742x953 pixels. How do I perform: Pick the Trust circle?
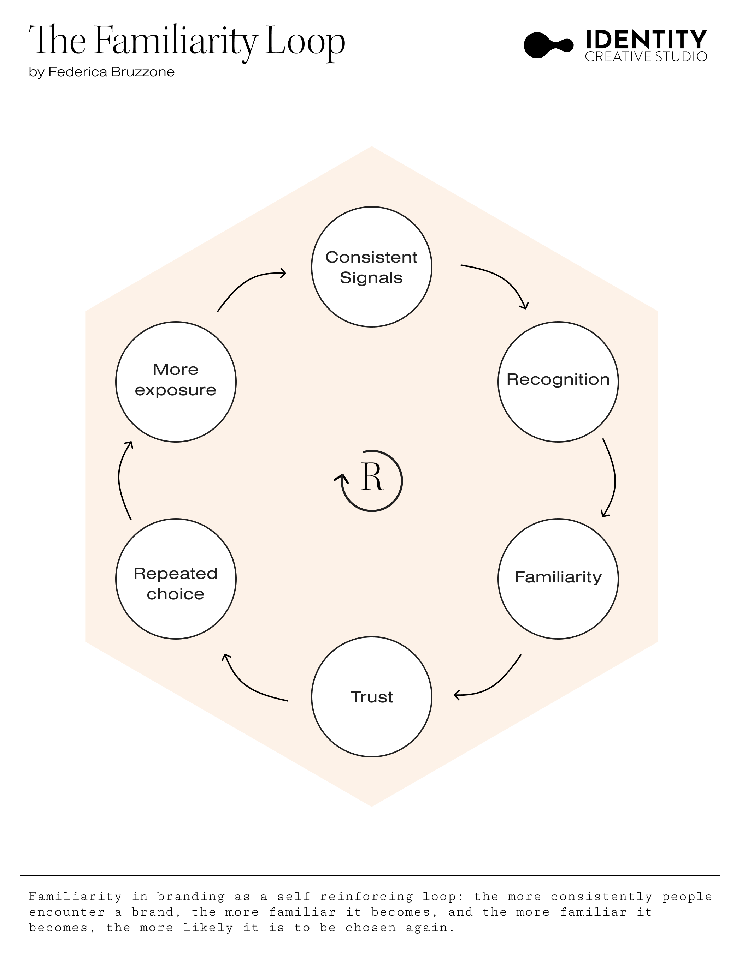pos(371,697)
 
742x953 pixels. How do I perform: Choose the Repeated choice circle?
pos(176,579)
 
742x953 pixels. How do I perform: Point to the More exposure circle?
pos(176,382)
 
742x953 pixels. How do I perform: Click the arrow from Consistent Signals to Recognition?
pos(502,279)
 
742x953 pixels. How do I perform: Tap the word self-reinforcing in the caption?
pos(344,897)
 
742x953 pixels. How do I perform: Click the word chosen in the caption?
pos(370,927)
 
